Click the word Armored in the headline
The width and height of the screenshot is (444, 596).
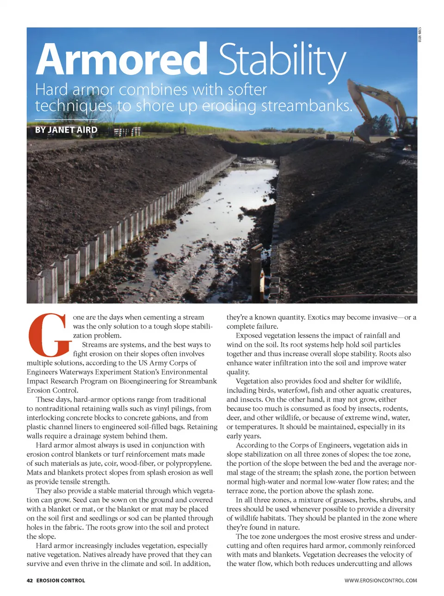click(x=121, y=59)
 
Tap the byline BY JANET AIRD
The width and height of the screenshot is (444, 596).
click(x=66, y=130)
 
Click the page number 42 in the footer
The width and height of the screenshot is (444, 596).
click(x=30, y=580)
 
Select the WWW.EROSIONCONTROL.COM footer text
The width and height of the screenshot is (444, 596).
click(x=381, y=580)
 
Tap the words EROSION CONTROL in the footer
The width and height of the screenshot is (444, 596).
click(x=61, y=580)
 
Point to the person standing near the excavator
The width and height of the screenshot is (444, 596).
click(x=351, y=135)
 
